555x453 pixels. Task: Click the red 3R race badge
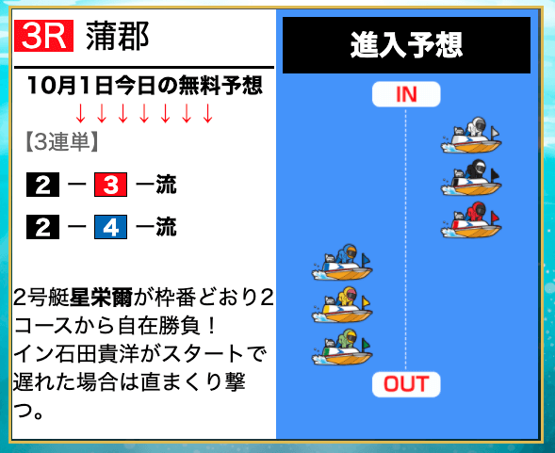[44, 36]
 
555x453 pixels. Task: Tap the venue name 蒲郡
[118, 36]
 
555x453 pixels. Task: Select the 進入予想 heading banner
[406, 45]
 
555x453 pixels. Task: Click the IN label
[406, 94]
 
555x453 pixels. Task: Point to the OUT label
[406, 384]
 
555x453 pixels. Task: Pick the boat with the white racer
[471, 136]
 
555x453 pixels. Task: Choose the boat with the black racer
[471, 178]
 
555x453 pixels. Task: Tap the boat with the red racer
[471, 219]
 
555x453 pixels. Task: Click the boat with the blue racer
[342, 262]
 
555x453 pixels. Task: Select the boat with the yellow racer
[342, 305]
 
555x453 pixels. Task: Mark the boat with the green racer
[342, 348]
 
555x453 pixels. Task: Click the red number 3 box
[110, 185]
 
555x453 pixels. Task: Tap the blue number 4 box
[110, 227]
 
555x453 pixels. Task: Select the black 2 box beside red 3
[42, 185]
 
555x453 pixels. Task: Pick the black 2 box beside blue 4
[42, 227]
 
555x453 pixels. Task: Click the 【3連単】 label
[61, 142]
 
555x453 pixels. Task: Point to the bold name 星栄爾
[101, 298]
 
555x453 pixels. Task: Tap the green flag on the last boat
[366, 344]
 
